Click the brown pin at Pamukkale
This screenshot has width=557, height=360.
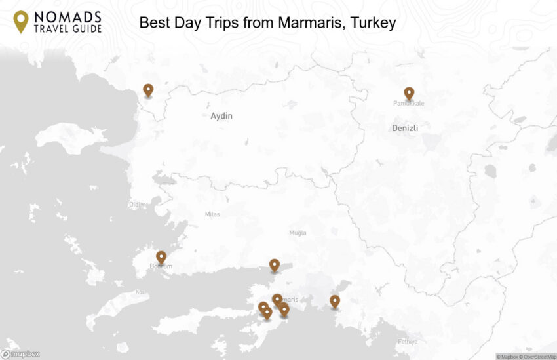pyautogui.click(x=409, y=94)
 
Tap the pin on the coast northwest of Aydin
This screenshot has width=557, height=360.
pyautogui.click(x=148, y=90)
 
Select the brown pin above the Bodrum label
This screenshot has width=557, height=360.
pyautogui.click(x=161, y=257)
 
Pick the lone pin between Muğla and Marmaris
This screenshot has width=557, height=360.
pyautogui.click(x=275, y=265)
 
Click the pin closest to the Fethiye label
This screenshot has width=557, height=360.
pyautogui.click(x=335, y=301)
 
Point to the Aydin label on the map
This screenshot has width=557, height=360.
pyautogui.click(x=221, y=116)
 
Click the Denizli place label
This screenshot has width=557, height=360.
pyautogui.click(x=405, y=128)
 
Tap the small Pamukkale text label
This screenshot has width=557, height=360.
pyautogui.click(x=409, y=104)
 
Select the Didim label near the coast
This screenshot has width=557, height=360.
pyautogui.click(x=137, y=205)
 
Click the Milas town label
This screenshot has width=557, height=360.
pyautogui.click(x=212, y=214)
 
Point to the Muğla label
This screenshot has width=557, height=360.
pyautogui.click(x=298, y=233)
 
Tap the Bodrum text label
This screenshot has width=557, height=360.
pyautogui.click(x=161, y=266)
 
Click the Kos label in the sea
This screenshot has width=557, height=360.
pyautogui.click(x=139, y=291)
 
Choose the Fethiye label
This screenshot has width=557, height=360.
pyautogui.click(x=408, y=341)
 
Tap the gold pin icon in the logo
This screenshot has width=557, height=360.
pyautogui.click(x=21, y=21)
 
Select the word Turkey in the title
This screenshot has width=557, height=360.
pyautogui.click(x=374, y=23)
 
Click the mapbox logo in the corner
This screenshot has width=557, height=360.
pyautogui.click(x=20, y=354)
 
